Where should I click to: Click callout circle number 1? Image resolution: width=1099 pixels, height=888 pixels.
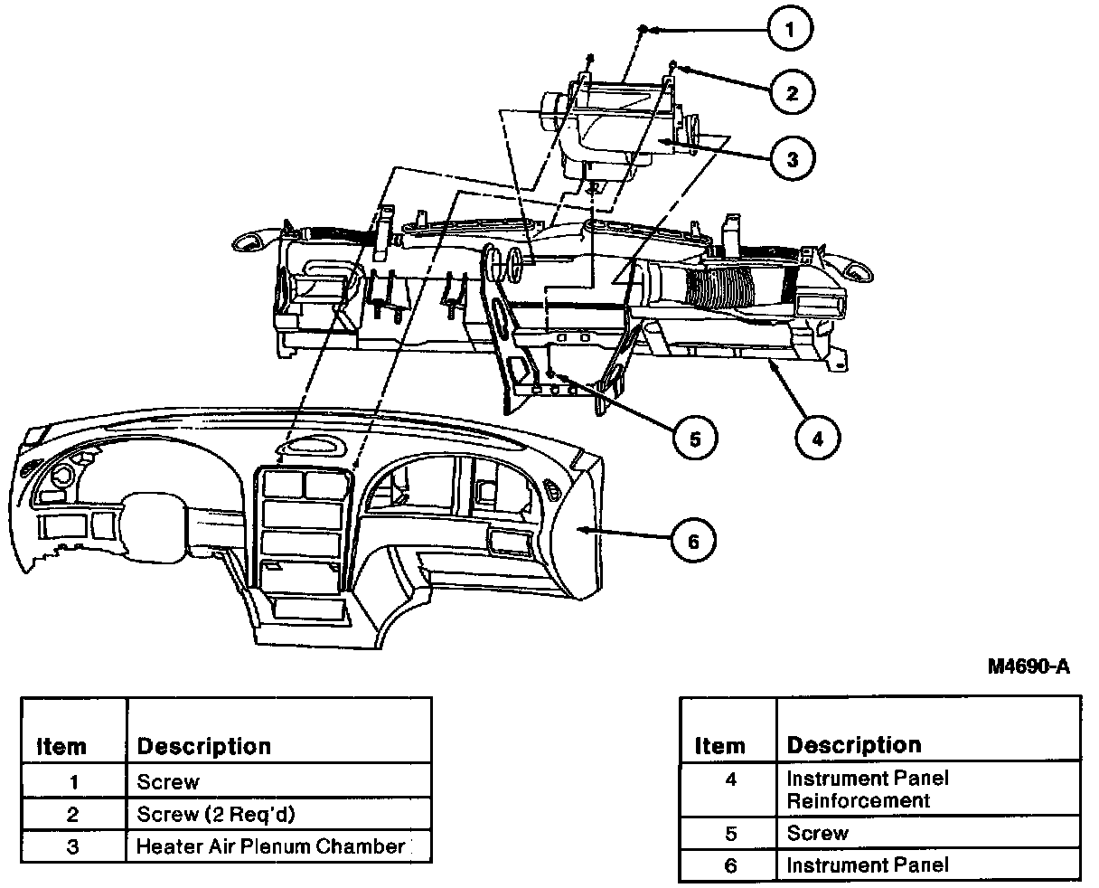tap(789, 28)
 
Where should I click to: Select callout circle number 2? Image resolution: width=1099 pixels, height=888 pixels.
tap(792, 93)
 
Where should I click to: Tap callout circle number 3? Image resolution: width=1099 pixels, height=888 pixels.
tap(793, 158)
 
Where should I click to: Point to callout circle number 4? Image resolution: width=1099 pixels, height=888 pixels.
tap(818, 438)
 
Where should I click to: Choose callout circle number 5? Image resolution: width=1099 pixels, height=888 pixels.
tap(695, 438)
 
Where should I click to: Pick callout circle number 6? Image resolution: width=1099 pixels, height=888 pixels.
tap(693, 541)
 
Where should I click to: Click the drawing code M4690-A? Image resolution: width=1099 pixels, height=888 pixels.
tap(1029, 666)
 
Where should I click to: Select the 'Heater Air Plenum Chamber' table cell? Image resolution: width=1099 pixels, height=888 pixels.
tap(278, 846)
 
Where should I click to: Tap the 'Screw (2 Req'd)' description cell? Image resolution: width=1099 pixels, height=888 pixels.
tap(278, 814)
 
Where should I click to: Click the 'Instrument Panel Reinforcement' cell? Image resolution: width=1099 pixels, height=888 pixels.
tap(927, 789)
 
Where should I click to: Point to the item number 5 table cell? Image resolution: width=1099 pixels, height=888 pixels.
tap(729, 833)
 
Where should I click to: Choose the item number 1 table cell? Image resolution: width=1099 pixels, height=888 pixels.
tap(74, 781)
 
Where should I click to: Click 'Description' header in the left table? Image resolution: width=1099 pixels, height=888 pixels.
tap(204, 747)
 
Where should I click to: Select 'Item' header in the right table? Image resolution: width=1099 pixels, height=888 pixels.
tap(719, 746)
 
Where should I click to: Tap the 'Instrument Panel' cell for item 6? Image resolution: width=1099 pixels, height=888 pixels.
tap(927, 864)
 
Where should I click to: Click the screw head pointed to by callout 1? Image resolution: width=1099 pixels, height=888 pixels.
tap(643, 28)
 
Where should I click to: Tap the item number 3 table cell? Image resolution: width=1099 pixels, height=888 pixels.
tap(74, 846)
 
